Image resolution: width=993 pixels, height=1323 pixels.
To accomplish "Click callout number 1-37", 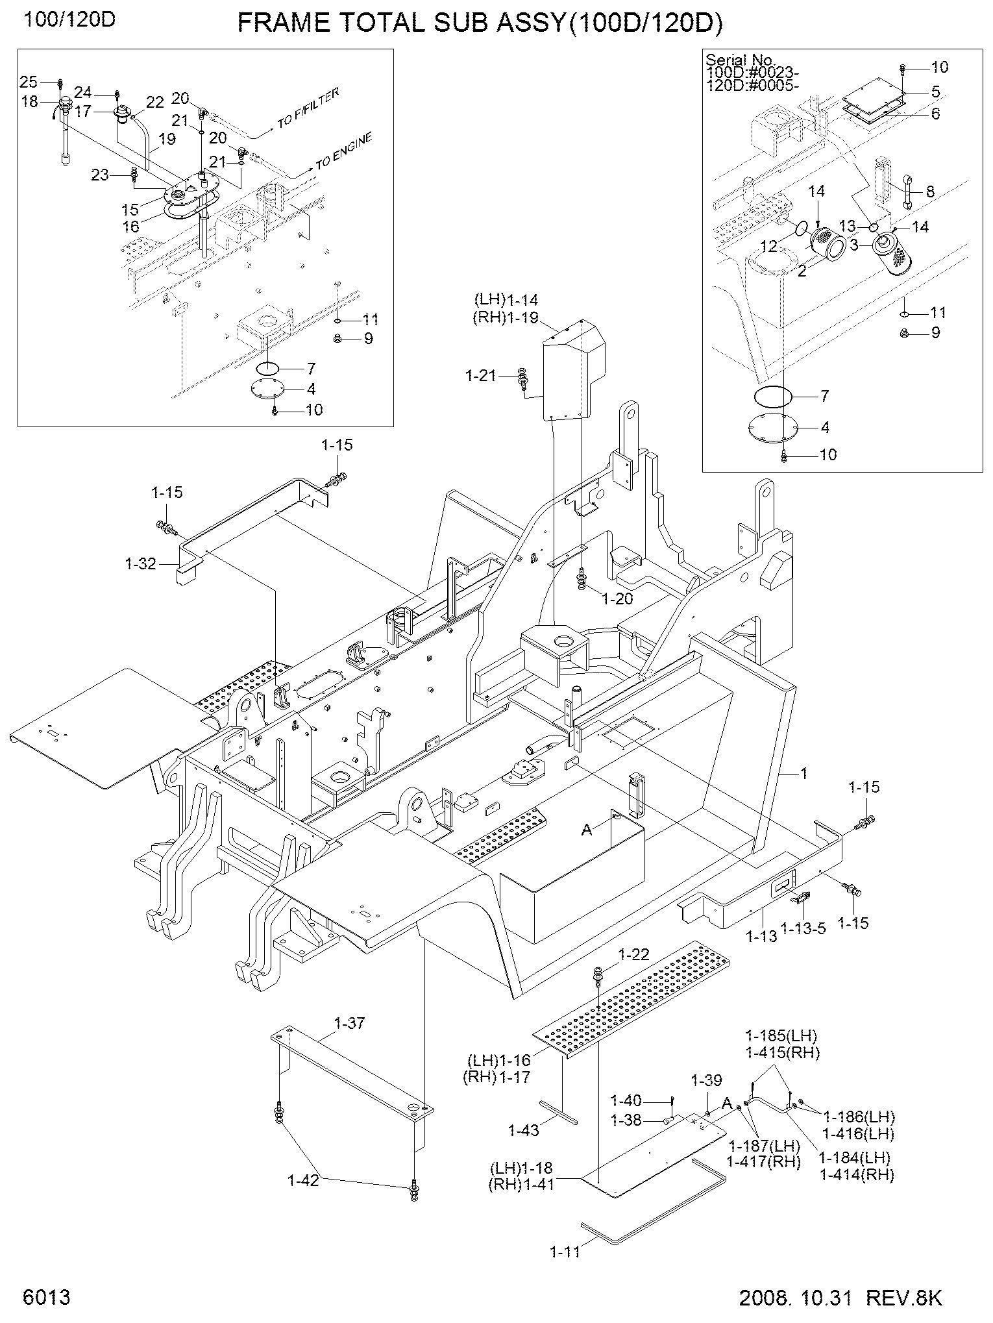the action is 349,1024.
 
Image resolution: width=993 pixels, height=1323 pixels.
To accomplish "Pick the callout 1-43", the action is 524,1130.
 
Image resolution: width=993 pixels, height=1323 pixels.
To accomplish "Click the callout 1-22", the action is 633,955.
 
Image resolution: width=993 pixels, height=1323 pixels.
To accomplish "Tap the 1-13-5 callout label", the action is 803,929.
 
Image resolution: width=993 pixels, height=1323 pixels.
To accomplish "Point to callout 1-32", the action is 141,563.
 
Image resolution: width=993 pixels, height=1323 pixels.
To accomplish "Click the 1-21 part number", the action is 480,375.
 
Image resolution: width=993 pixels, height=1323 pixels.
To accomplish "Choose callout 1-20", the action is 617,599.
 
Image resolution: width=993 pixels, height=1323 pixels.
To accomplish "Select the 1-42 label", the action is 303,1180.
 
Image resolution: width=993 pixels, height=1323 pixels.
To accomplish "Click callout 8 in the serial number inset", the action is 930,192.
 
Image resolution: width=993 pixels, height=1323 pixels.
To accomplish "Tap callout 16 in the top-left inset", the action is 131,226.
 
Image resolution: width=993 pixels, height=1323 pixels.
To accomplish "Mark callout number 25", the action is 29,82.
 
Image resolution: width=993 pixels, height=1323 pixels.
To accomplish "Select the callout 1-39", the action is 706,1081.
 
